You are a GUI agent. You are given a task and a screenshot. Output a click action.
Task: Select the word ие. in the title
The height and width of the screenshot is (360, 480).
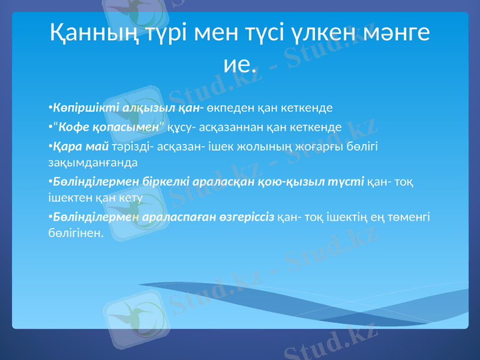coord(240,62)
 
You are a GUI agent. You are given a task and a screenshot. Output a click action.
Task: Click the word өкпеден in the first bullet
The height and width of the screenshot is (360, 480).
coord(227,108)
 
